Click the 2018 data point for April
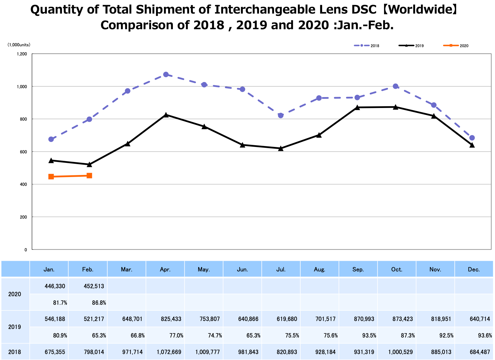[x=166, y=74]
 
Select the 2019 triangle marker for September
[x=357, y=107]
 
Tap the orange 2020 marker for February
[x=89, y=176]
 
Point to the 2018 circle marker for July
[x=281, y=115]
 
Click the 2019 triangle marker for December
[x=472, y=145]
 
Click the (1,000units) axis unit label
[x=19, y=45]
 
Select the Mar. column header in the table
[x=127, y=269]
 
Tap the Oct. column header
[x=397, y=269]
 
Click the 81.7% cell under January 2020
[x=60, y=302]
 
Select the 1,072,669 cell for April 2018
[x=169, y=352]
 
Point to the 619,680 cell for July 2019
[x=287, y=319]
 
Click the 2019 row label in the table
[x=14, y=327]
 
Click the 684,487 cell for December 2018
[x=480, y=352]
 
